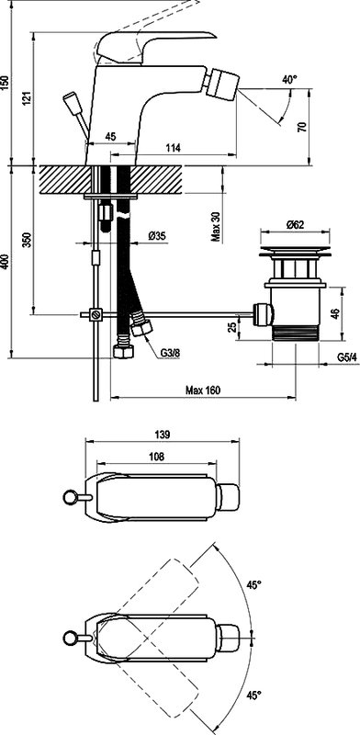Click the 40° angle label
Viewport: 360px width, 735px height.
(x=289, y=80)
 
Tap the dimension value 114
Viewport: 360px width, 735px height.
(x=174, y=148)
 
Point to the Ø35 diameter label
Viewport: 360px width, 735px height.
(x=157, y=236)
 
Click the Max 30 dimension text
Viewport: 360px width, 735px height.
(x=215, y=227)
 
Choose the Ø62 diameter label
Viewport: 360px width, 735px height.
(x=295, y=224)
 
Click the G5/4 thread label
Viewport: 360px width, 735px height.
(x=347, y=357)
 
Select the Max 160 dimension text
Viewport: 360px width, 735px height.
(x=203, y=390)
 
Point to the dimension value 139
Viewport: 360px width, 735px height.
(x=163, y=434)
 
